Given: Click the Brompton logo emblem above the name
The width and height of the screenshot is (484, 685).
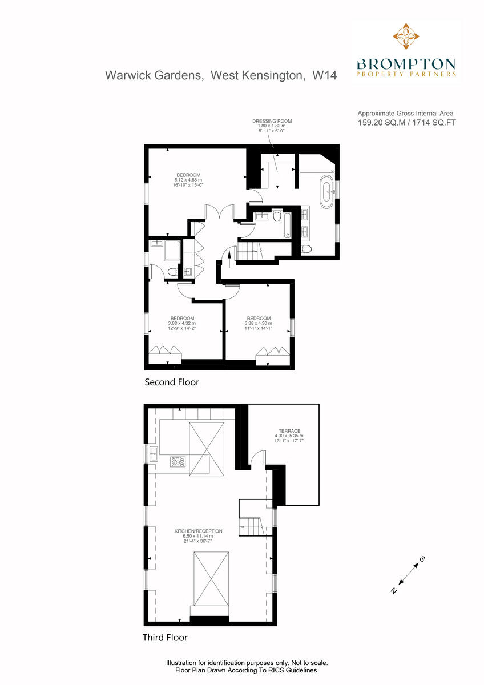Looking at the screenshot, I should [406, 37].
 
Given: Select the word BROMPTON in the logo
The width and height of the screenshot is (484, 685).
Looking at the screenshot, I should [406, 63].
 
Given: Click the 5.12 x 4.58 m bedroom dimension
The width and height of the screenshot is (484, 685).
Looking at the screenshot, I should [188, 180].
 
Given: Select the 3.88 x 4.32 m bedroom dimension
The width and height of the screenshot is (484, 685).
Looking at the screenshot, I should [182, 324].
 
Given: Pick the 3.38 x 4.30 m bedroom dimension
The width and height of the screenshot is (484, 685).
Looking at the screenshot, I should [259, 324].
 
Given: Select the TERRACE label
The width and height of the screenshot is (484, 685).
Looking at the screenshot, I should [289, 431].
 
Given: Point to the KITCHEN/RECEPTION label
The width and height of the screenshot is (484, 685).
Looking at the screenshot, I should [198, 531].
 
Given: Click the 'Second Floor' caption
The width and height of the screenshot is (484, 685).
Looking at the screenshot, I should [172, 382].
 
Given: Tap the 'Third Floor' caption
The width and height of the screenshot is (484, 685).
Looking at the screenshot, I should [165, 638].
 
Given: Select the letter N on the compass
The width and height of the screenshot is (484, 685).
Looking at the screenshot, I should [393, 591].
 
